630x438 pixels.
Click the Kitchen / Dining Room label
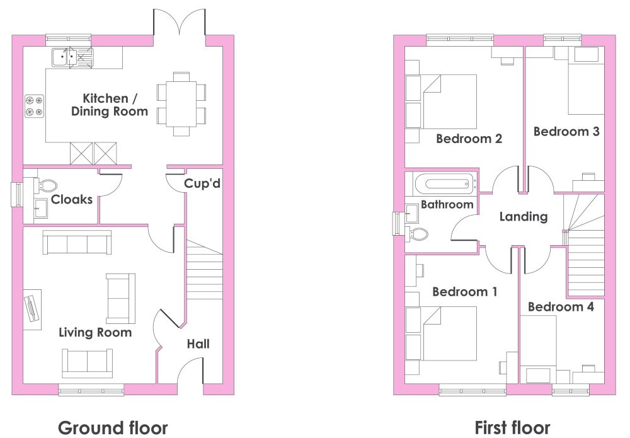(x=109, y=105)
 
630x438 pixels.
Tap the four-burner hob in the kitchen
(x=35, y=106)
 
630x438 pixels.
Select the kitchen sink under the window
(x=72, y=57)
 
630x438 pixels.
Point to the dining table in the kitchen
(x=181, y=104)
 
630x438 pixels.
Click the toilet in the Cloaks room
(x=47, y=186)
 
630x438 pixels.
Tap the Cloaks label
(x=72, y=199)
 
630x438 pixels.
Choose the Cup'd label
(x=202, y=183)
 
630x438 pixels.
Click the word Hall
(x=198, y=344)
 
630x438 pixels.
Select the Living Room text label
(x=95, y=333)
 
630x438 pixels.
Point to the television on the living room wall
(x=31, y=309)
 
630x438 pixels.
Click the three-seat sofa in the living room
(x=77, y=242)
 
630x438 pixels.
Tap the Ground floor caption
(x=113, y=427)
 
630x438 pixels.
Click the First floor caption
(x=512, y=427)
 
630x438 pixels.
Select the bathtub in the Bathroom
(x=445, y=184)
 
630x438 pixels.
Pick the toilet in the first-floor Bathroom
(x=417, y=234)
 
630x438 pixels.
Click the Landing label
(x=524, y=217)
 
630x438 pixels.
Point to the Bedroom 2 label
(x=469, y=139)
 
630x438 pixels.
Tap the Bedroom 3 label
(x=566, y=132)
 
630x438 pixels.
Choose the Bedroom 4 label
(x=561, y=307)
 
